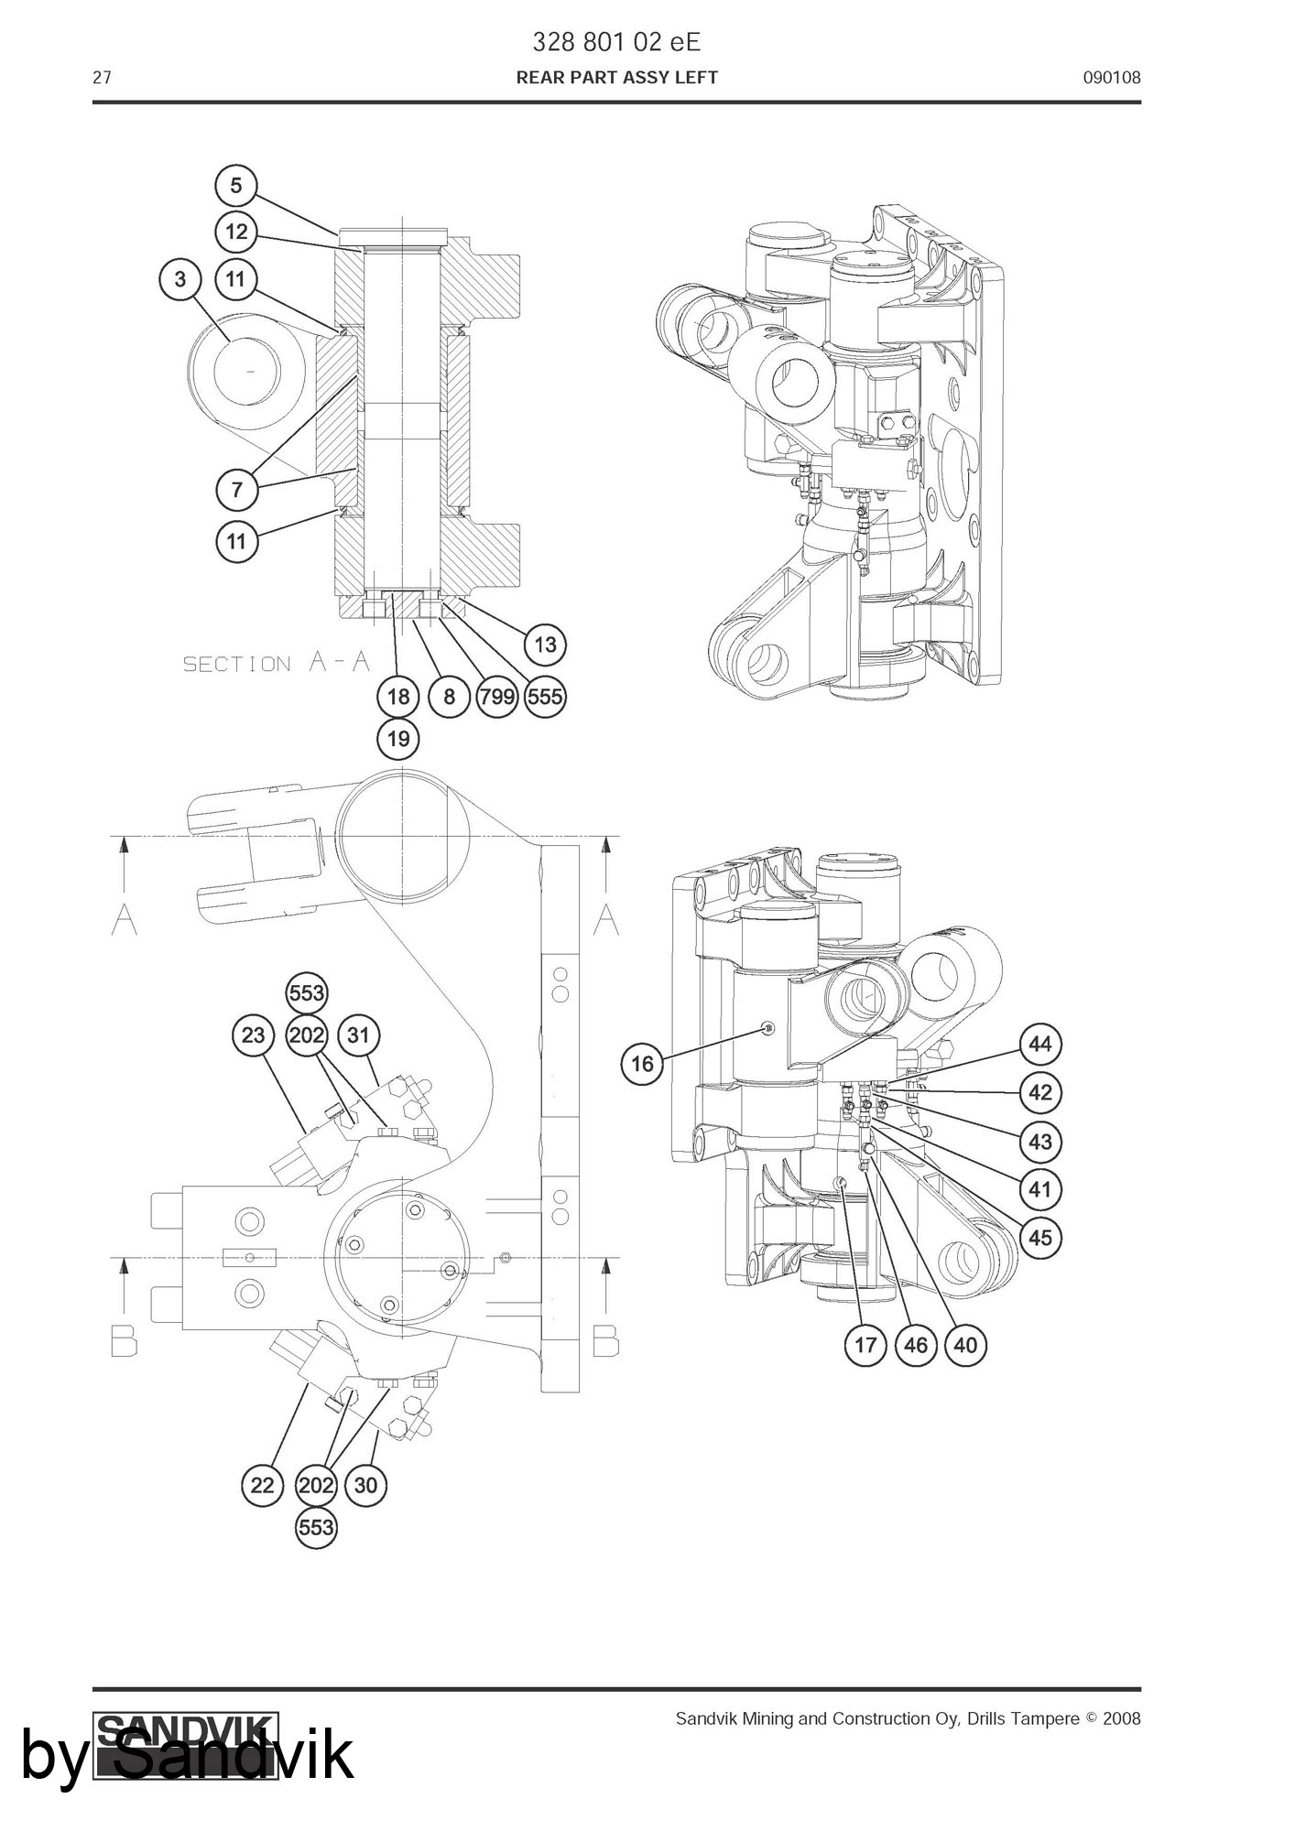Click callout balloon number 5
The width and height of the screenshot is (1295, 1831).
tap(236, 186)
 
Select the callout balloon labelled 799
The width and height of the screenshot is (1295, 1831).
tap(497, 697)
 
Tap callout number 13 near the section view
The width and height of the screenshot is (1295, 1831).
tap(545, 645)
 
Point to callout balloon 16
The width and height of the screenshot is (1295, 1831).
tap(643, 1063)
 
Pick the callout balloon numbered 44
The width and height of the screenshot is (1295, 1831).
tap(1040, 1045)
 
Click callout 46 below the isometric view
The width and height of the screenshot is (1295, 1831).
tap(916, 1345)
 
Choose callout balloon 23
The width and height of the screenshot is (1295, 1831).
tap(253, 1035)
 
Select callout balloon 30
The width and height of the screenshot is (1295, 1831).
tap(365, 1485)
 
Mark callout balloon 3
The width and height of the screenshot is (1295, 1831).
tap(180, 278)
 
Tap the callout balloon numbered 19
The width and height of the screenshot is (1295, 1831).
tap(398, 738)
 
